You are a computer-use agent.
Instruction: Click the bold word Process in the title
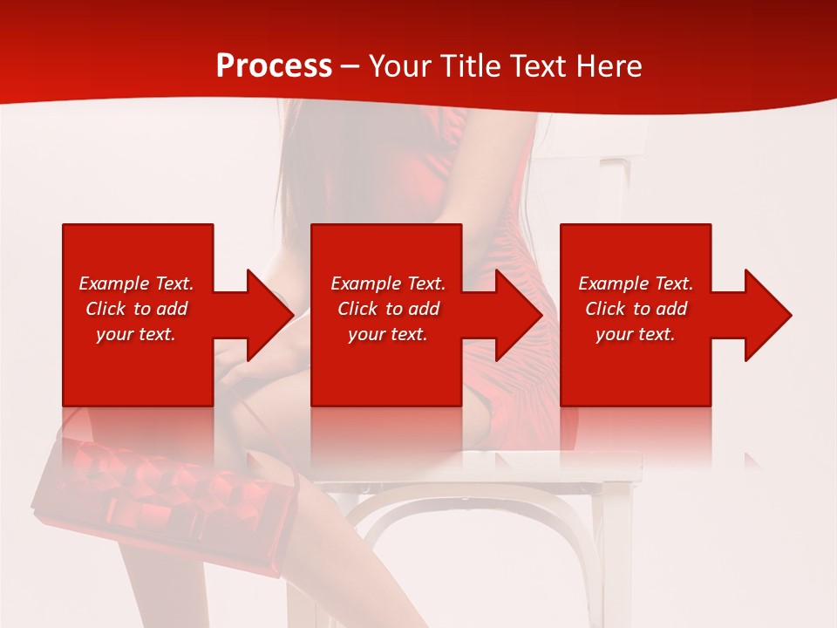274,66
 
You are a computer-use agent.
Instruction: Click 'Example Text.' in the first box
136,283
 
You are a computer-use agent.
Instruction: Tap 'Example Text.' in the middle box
388,283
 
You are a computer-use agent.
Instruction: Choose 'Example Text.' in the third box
636,283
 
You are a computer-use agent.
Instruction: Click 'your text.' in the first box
136,334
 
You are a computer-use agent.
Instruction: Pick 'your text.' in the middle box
388,334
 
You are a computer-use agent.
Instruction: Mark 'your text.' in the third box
636,334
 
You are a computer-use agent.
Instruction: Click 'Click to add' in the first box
136,309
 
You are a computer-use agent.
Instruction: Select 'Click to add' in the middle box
388,309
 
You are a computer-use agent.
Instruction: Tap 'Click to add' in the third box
636,309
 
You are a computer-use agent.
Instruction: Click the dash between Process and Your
350,67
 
